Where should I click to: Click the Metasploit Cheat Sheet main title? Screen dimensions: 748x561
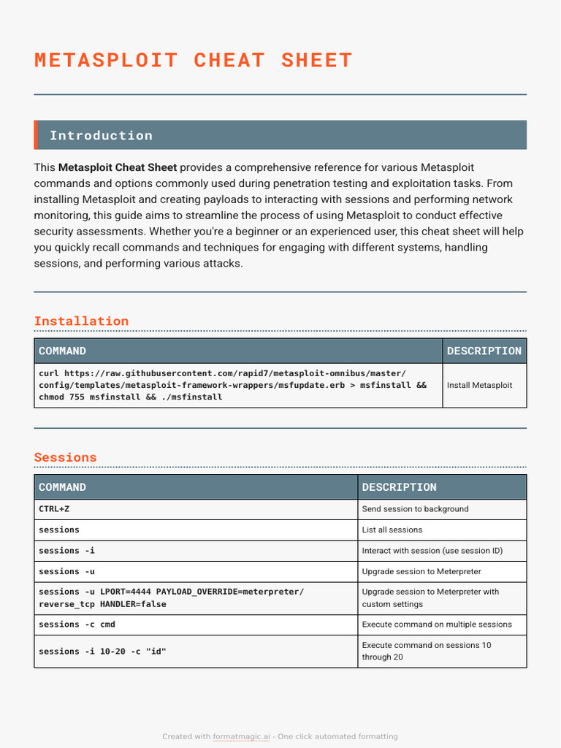pyautogui.click(x=193, y=61)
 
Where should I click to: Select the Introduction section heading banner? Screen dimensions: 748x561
pyautogui.click(x=280, y=135)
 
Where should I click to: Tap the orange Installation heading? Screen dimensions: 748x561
pyautogui.click(x=81, y=321)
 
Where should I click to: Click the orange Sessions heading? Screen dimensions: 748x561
pyautogui.click(x=65, y=457)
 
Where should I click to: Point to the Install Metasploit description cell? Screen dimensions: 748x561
pyautogui.click(x=480, y=385)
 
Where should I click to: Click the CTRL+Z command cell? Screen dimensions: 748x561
pyautogui.click(x=54, y=509)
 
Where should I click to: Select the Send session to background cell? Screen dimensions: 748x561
pyautogui.click(x=415, y=509)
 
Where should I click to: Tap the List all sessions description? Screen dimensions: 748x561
pyautogui.click(x=392, y=530)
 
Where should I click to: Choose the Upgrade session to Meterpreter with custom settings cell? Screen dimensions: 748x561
pyautogui.click(x=430, y=598)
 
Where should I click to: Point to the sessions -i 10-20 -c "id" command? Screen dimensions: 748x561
pyautogui.click(x=102, y=652)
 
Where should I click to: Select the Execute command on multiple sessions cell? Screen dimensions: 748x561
pyautogui.click(x=437, y=625)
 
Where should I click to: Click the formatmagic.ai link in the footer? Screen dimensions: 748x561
pyautogui.click(x=241, y=736)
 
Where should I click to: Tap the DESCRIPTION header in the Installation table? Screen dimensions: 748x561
pyautogui.click(x=484, y=351)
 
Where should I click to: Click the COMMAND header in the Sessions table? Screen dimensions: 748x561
pyautogui.click(x=62, y=487)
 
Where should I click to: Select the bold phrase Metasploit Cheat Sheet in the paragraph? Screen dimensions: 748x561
pyautogui.click(x=117, y=168)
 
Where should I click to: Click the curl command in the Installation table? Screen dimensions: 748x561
pyautogui.click(x=232, y=385)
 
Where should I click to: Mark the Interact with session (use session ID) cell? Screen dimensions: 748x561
pyautogui.click(x=432, y=551)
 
